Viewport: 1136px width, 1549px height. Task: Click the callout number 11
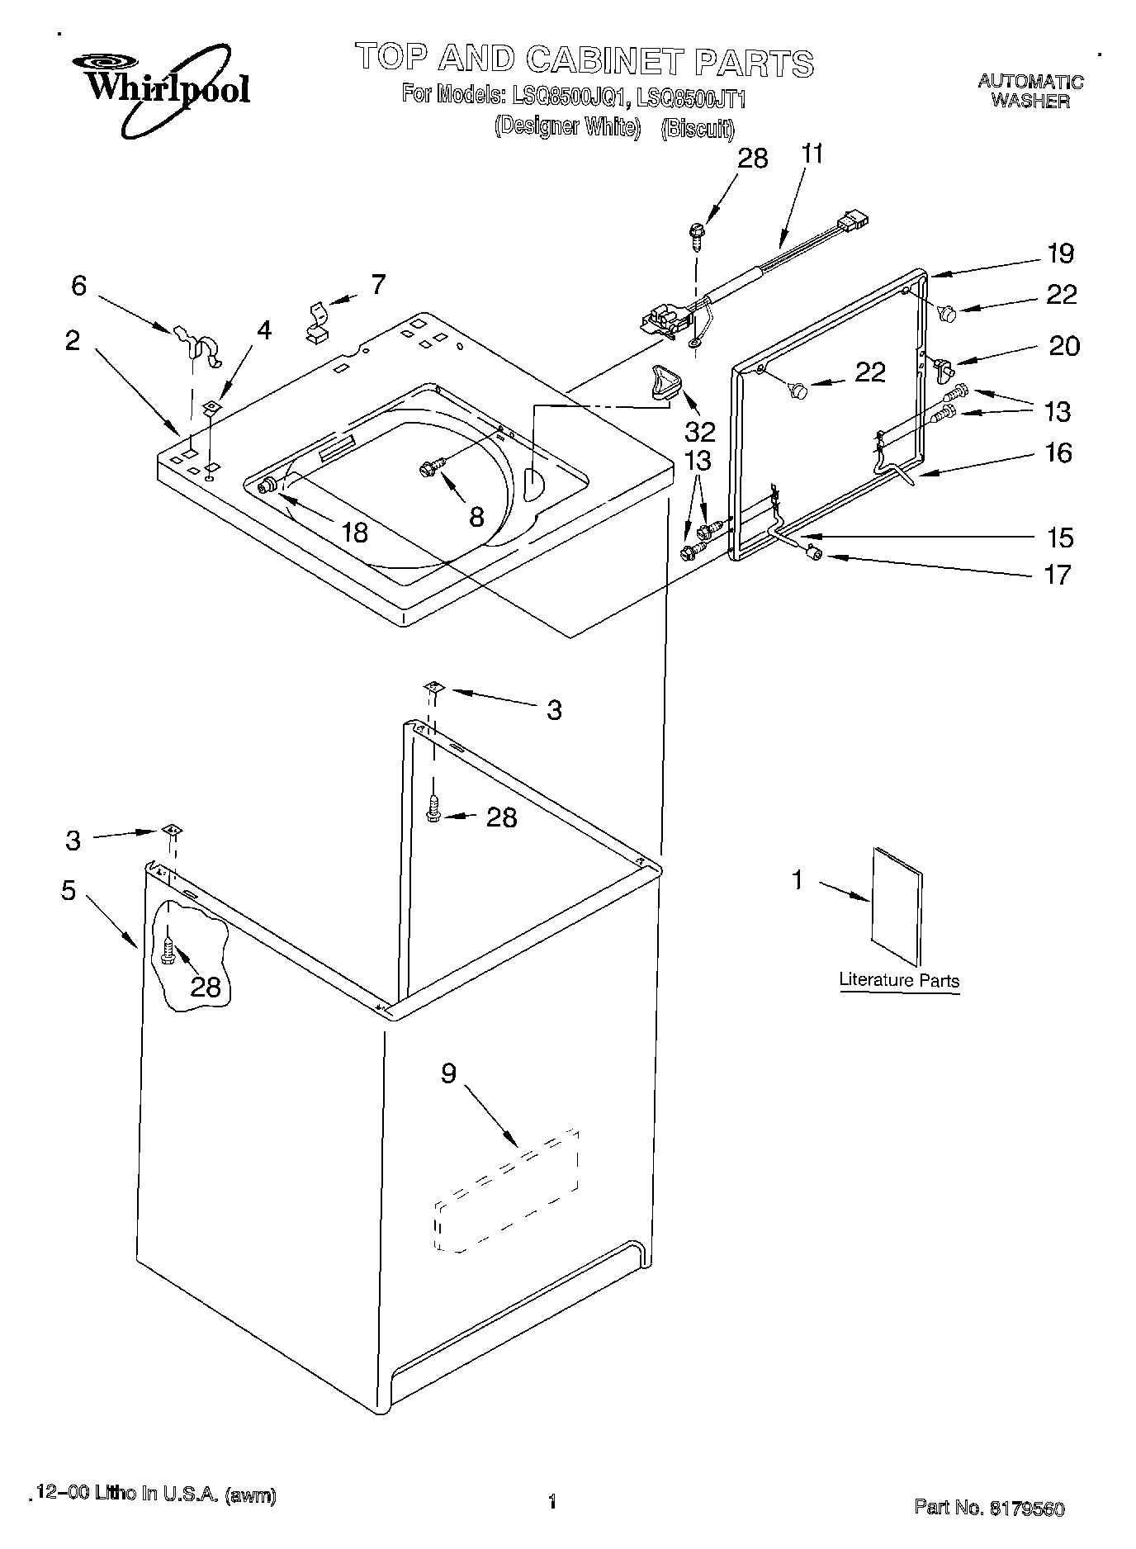(812, 154)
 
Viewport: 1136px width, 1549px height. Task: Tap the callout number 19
(1060, 253)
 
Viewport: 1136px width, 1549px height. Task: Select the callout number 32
(699, 431)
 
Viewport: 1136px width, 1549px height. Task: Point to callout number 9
(447, 1073)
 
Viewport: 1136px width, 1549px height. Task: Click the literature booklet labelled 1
(897, 906)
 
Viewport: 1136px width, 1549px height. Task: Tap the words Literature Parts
(898, 980)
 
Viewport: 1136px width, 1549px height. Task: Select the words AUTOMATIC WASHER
(1029, 91)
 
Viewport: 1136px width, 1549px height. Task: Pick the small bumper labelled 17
(815, 555)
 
